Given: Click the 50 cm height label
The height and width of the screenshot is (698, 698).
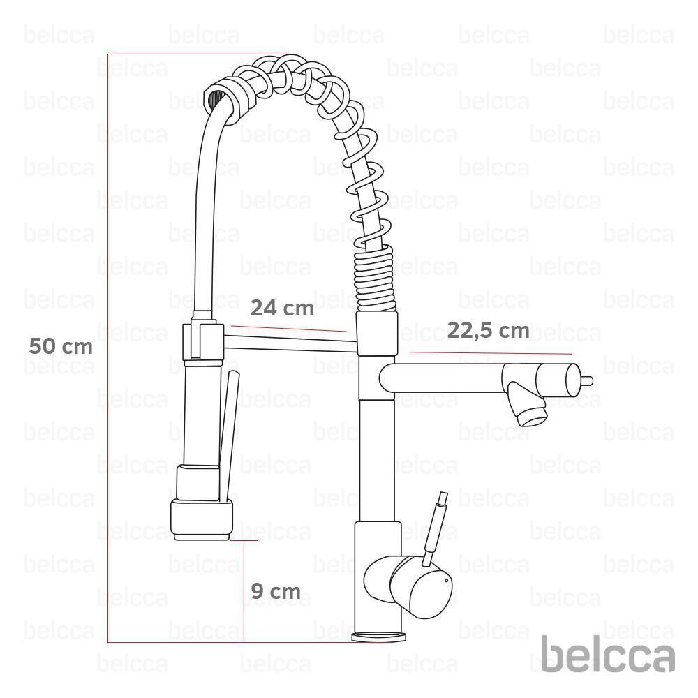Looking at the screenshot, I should [x=60, y=346].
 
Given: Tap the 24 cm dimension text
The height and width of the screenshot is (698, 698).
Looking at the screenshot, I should [x=283, y=308].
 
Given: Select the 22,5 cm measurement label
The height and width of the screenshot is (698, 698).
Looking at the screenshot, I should [x=488, y=330].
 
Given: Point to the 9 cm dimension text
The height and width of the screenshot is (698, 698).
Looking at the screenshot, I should [x=275, y=592].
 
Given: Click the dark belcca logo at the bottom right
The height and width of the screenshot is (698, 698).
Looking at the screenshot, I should [x=608, y=657].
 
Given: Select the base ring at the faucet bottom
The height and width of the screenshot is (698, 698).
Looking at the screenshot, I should [x=378, y=637].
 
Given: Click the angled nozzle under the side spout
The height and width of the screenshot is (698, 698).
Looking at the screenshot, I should [x=527, y=407].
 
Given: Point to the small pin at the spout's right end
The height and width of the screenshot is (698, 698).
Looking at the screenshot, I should [x=587, y=380].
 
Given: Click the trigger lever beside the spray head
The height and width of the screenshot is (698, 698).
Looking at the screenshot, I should [x=229, y=433].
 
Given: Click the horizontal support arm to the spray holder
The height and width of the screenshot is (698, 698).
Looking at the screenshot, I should [x=290, y=341].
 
